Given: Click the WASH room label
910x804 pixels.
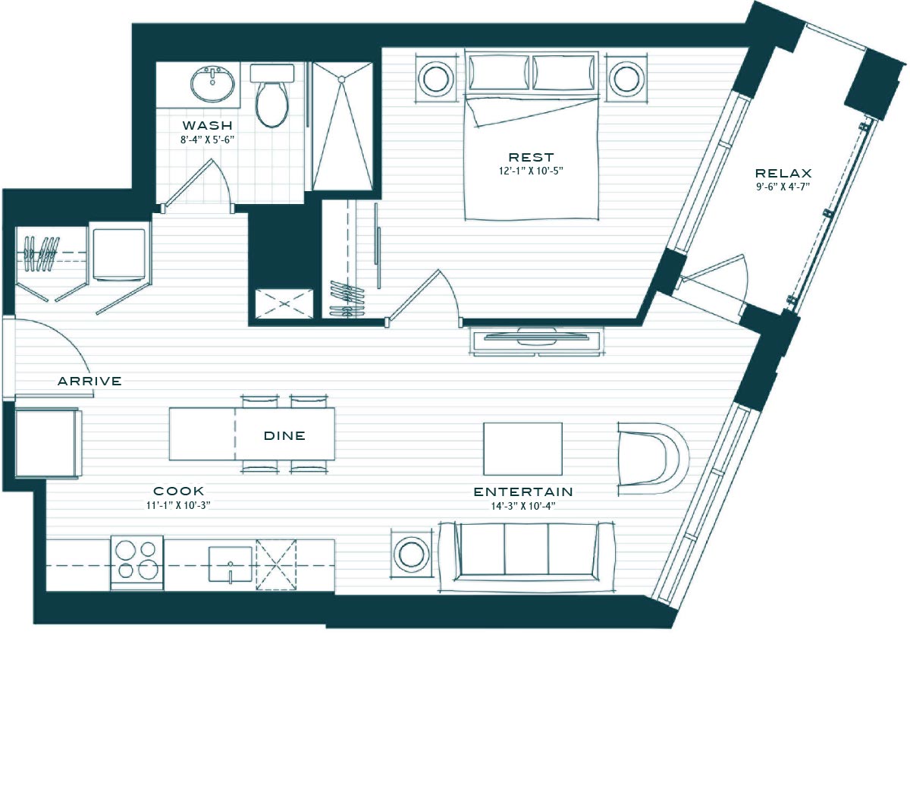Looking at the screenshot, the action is [207, 125].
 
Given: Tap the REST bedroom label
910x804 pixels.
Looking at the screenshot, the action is [531, 157].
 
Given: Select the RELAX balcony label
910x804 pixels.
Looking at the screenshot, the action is [783, 173].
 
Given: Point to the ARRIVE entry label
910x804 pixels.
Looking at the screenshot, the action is [89, 381].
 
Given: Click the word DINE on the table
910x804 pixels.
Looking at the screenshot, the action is [284, 435].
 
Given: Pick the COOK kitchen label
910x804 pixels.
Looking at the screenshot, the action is [178, 491].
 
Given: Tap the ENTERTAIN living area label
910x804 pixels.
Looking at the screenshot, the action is [523, 492].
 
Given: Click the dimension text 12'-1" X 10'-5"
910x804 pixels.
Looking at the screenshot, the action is [531, 171].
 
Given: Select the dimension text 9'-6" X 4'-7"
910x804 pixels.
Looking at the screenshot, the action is [783, 187].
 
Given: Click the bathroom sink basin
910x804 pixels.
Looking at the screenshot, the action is [212, 84].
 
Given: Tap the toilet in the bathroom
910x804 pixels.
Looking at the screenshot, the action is [271, 94].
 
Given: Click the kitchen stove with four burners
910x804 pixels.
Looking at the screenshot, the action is [137, 562].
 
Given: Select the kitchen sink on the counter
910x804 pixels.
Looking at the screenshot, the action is [231, 564].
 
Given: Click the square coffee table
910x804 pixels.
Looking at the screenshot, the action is [522, 448].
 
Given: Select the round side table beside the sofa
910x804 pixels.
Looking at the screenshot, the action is [412, 553].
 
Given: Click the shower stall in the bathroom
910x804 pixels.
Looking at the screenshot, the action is [342, 126].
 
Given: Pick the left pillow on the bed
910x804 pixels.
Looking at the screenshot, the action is [498, 73].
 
